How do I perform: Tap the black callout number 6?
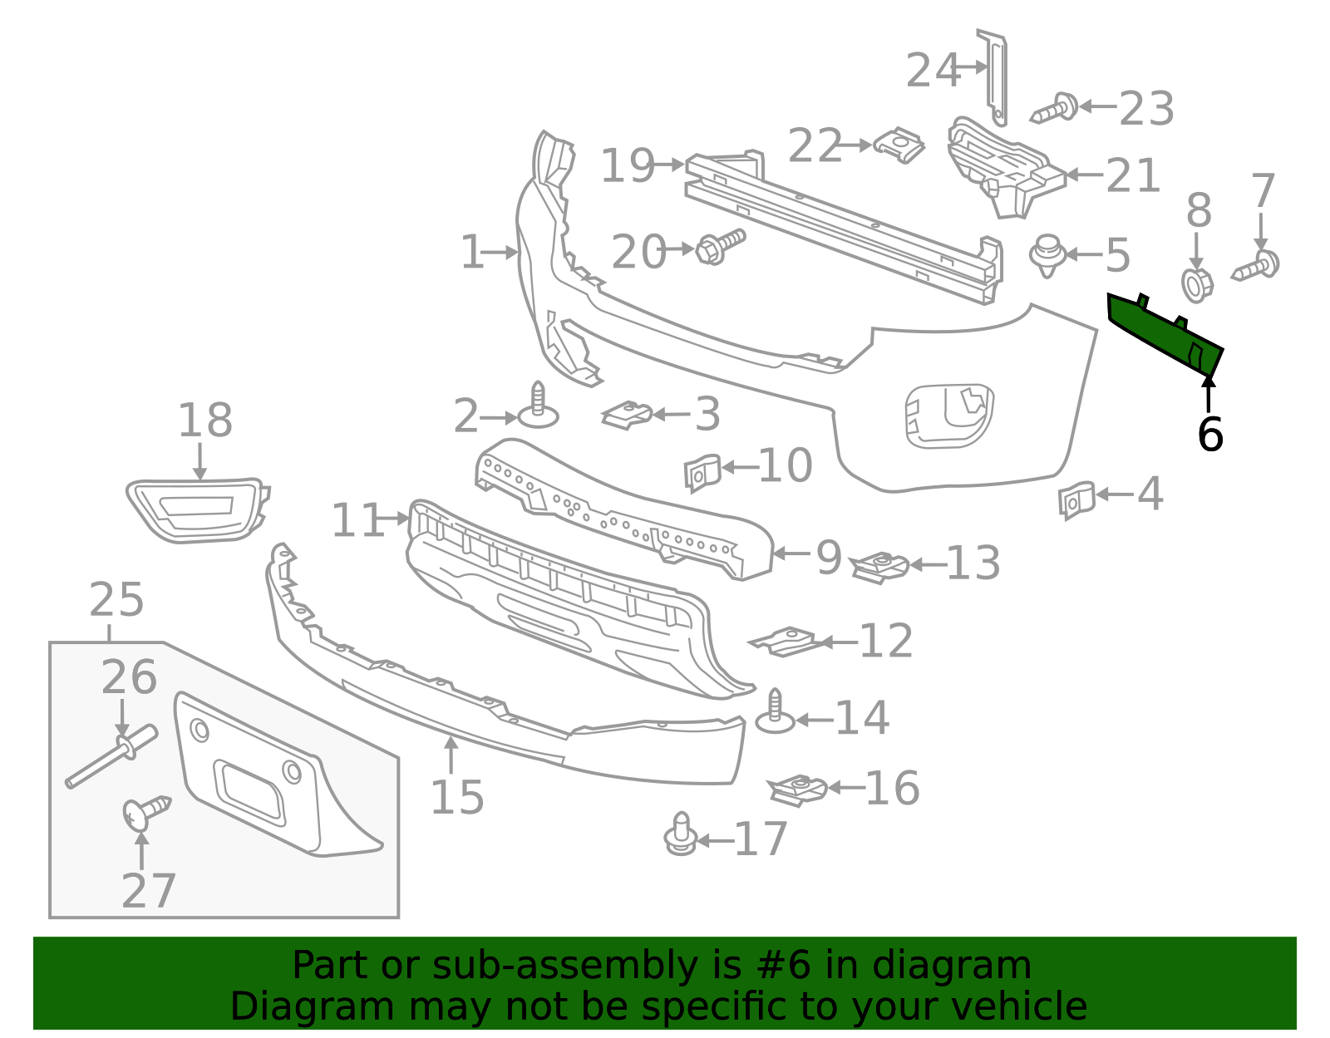click(x=1209, y=435)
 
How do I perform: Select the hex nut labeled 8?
click(x=1197, y=285)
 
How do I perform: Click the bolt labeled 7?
click(x=1258, y=267)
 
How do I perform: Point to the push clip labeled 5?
click(x=1047, y=255)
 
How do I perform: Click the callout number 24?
click(x=932, y=71)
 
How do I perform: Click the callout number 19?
click(x=627, y=166)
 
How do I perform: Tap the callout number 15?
click(x=456, y=798)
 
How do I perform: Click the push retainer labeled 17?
click(x=681, y=836)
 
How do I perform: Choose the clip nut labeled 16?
click(x=797, y=790)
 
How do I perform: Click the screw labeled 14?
click(x=776, y=713)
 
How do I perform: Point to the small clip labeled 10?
click(x=701, y=473)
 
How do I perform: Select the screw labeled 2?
click(x=538, y=406)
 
